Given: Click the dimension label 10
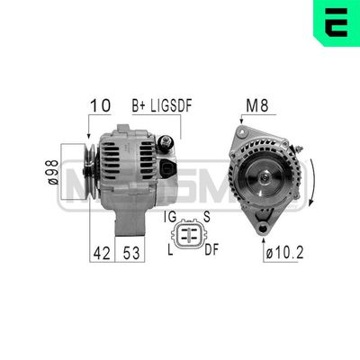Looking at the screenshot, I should tap(99, 105).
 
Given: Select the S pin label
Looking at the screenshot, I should tap(206, 217).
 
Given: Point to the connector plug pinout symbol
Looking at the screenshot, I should tap(189, 232).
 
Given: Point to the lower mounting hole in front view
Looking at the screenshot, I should tap(265, 229).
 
